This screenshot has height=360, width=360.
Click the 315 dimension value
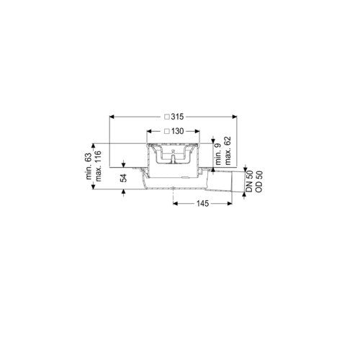[x=178, y=117]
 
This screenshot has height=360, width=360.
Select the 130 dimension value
[x=178, y=131]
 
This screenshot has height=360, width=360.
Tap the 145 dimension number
[x=203, y=204]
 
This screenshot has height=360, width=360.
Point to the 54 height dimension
[x=124, y=178]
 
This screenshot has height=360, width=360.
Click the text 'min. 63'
[x=89, y=166]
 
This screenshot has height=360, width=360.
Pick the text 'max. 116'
[x=98, y=166]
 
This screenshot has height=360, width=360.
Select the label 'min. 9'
[x=218, y=155]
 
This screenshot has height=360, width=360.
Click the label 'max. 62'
[x=228, y=150]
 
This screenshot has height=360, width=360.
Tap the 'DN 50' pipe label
[x=249, y=181]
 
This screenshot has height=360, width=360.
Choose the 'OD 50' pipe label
[x=258, y=181]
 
